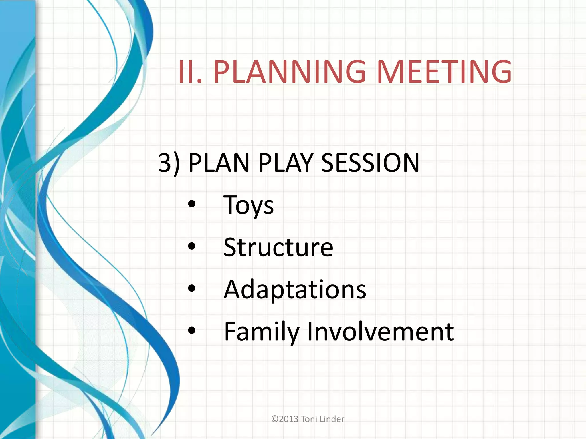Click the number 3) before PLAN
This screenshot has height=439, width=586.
pyautogui.click(x=169, y=163)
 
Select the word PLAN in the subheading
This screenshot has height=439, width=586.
pyautogui.click(x=219, y=163)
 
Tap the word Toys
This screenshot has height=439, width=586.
pyautogui.click(x=248, y=205)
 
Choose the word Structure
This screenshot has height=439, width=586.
pyautogui.click(x=278, y=247)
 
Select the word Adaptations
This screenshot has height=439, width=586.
pyautogui.click(x=295, y=289)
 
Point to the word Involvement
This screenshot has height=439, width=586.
pyautogui.click(x=380, y=332)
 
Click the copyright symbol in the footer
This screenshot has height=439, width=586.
pyautogui.click(x=275, y=419)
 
